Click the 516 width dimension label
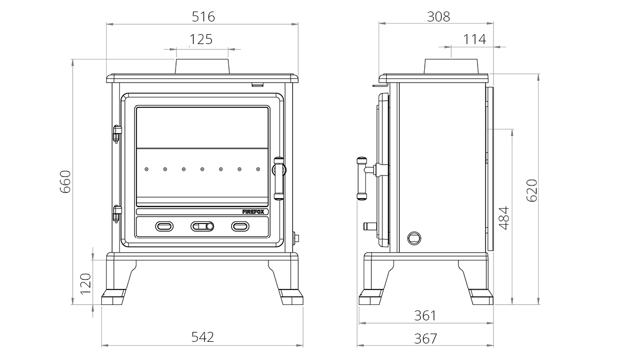(x=203, y=17)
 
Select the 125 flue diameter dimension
(x=201, y=40)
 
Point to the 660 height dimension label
(x=65, y=182)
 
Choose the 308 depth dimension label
(x=439, y=17)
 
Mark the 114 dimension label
(x=474, y=40)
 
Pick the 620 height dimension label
(x=532, y=190)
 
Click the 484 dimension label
(x=504, y=217)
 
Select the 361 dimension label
(x=425, y=315)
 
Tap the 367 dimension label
(x=425, y=338)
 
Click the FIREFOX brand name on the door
(x=255, y=211)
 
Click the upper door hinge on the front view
(x=116, y=134)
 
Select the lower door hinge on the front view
(x=116, y=213)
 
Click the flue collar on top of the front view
(x=202, y=66)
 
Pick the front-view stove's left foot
(x=116, y=297)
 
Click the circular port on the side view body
(x=413, y=238)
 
